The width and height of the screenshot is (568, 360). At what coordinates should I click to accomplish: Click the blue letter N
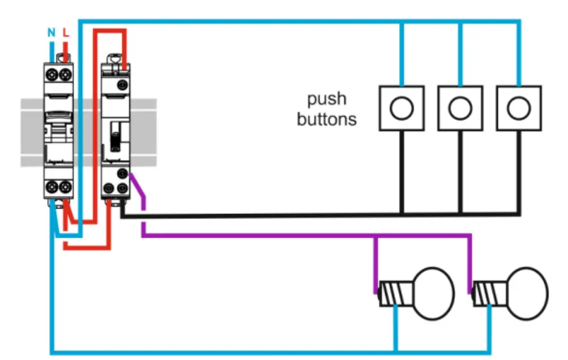pyautogui.click(x=52, y=33)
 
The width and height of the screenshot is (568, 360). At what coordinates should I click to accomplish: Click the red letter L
pyautogui.click(x=66, y=33)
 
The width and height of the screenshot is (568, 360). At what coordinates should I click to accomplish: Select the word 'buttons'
pyautogui.click(x=327, y=119)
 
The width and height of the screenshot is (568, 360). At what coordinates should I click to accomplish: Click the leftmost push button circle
pyautogui.click(x=402, y=108)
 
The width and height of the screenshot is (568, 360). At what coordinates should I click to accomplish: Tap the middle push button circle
pyautogui.click(x=460, y=108)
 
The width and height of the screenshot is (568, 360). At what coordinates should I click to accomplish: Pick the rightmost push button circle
pyautogui.click(x=518, y=108)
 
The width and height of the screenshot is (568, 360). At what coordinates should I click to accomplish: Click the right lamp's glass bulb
pyautogui.click(x=527, y=293)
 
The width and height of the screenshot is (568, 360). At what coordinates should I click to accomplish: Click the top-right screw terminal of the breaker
pyautogui.click(x=65, y=74)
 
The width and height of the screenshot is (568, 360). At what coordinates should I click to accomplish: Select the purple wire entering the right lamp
pyautogui.click(x=470, y=266)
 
